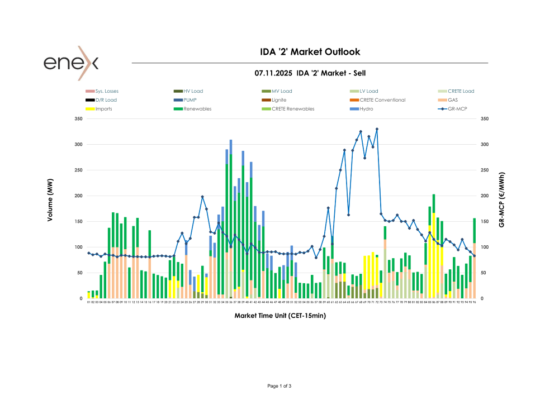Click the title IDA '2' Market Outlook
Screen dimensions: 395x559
tap(310, 52)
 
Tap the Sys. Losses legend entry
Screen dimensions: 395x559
tap(107, 91)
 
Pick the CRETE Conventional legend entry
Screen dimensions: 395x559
tap(382, 100)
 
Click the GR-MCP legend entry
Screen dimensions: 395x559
tap(456, 109)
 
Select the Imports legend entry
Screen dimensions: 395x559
tap(103, 109)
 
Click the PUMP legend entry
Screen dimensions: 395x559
tap(190, 100)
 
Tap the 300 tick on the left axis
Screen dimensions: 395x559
tap(78, 145)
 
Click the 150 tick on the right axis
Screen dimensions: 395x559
tap(485, 222)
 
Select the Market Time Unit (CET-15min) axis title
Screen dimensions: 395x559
tap(280, 316)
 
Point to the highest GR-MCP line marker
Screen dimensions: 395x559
tap(377, 129)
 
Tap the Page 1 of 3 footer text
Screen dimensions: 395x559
tap(279, 386)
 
